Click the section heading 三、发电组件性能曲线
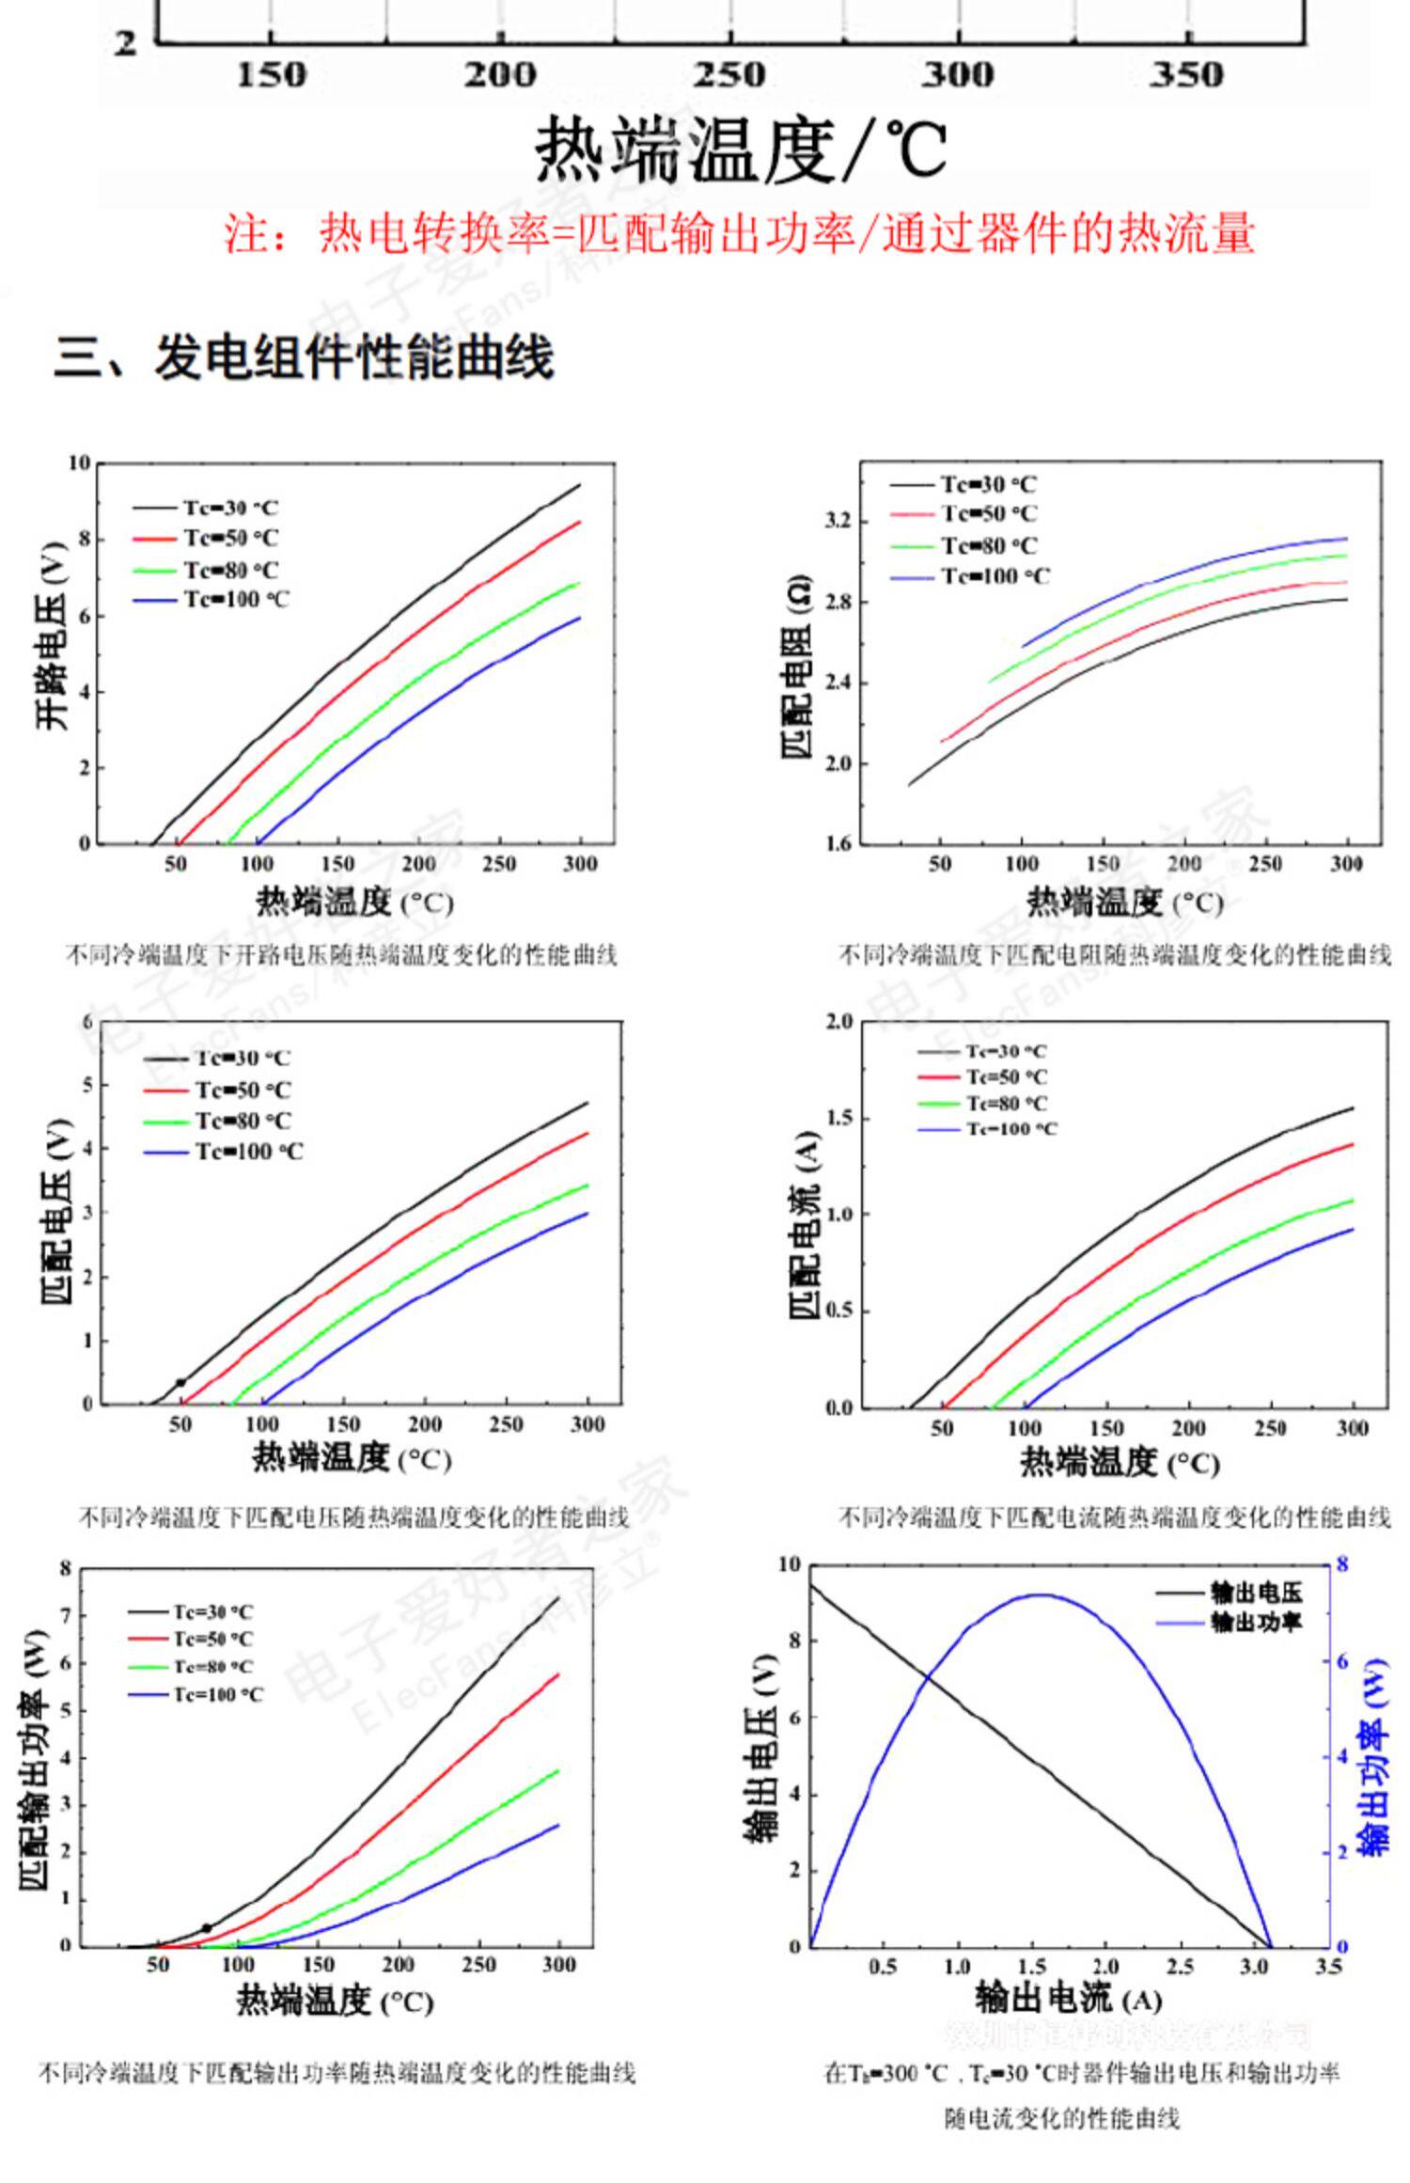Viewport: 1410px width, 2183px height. point(303,358)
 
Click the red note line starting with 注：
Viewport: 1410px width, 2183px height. point(740,233)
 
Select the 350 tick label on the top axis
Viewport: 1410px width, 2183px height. point(1188,75)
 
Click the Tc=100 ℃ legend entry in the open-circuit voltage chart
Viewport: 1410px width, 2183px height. point(236,600)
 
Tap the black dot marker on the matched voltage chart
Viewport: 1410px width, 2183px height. point(180,1382)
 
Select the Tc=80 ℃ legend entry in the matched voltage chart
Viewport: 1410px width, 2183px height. point(243,1121)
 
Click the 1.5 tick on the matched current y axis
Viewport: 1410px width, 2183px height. point(838,1118)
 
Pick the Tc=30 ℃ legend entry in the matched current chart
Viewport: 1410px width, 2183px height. point(1006,1051)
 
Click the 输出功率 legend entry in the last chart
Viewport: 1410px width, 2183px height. point(1256,1622)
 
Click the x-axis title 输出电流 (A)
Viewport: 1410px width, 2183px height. point(1068,1998)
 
